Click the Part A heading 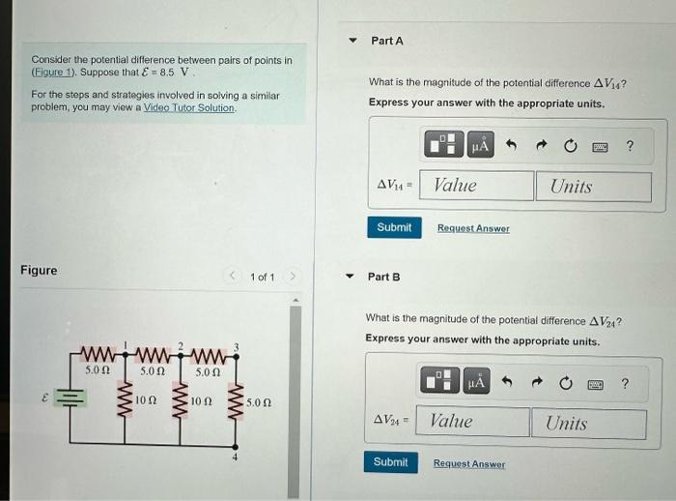(386, 41)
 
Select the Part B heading (383, 277)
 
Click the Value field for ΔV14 (480, 186)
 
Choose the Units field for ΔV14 (593, 186)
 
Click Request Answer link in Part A (473, 228)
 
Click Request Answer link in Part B (468, 464)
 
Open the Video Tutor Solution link (189, 107)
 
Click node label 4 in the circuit (235, 455)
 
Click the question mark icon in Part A (630, 147)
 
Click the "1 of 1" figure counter (262, 278)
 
